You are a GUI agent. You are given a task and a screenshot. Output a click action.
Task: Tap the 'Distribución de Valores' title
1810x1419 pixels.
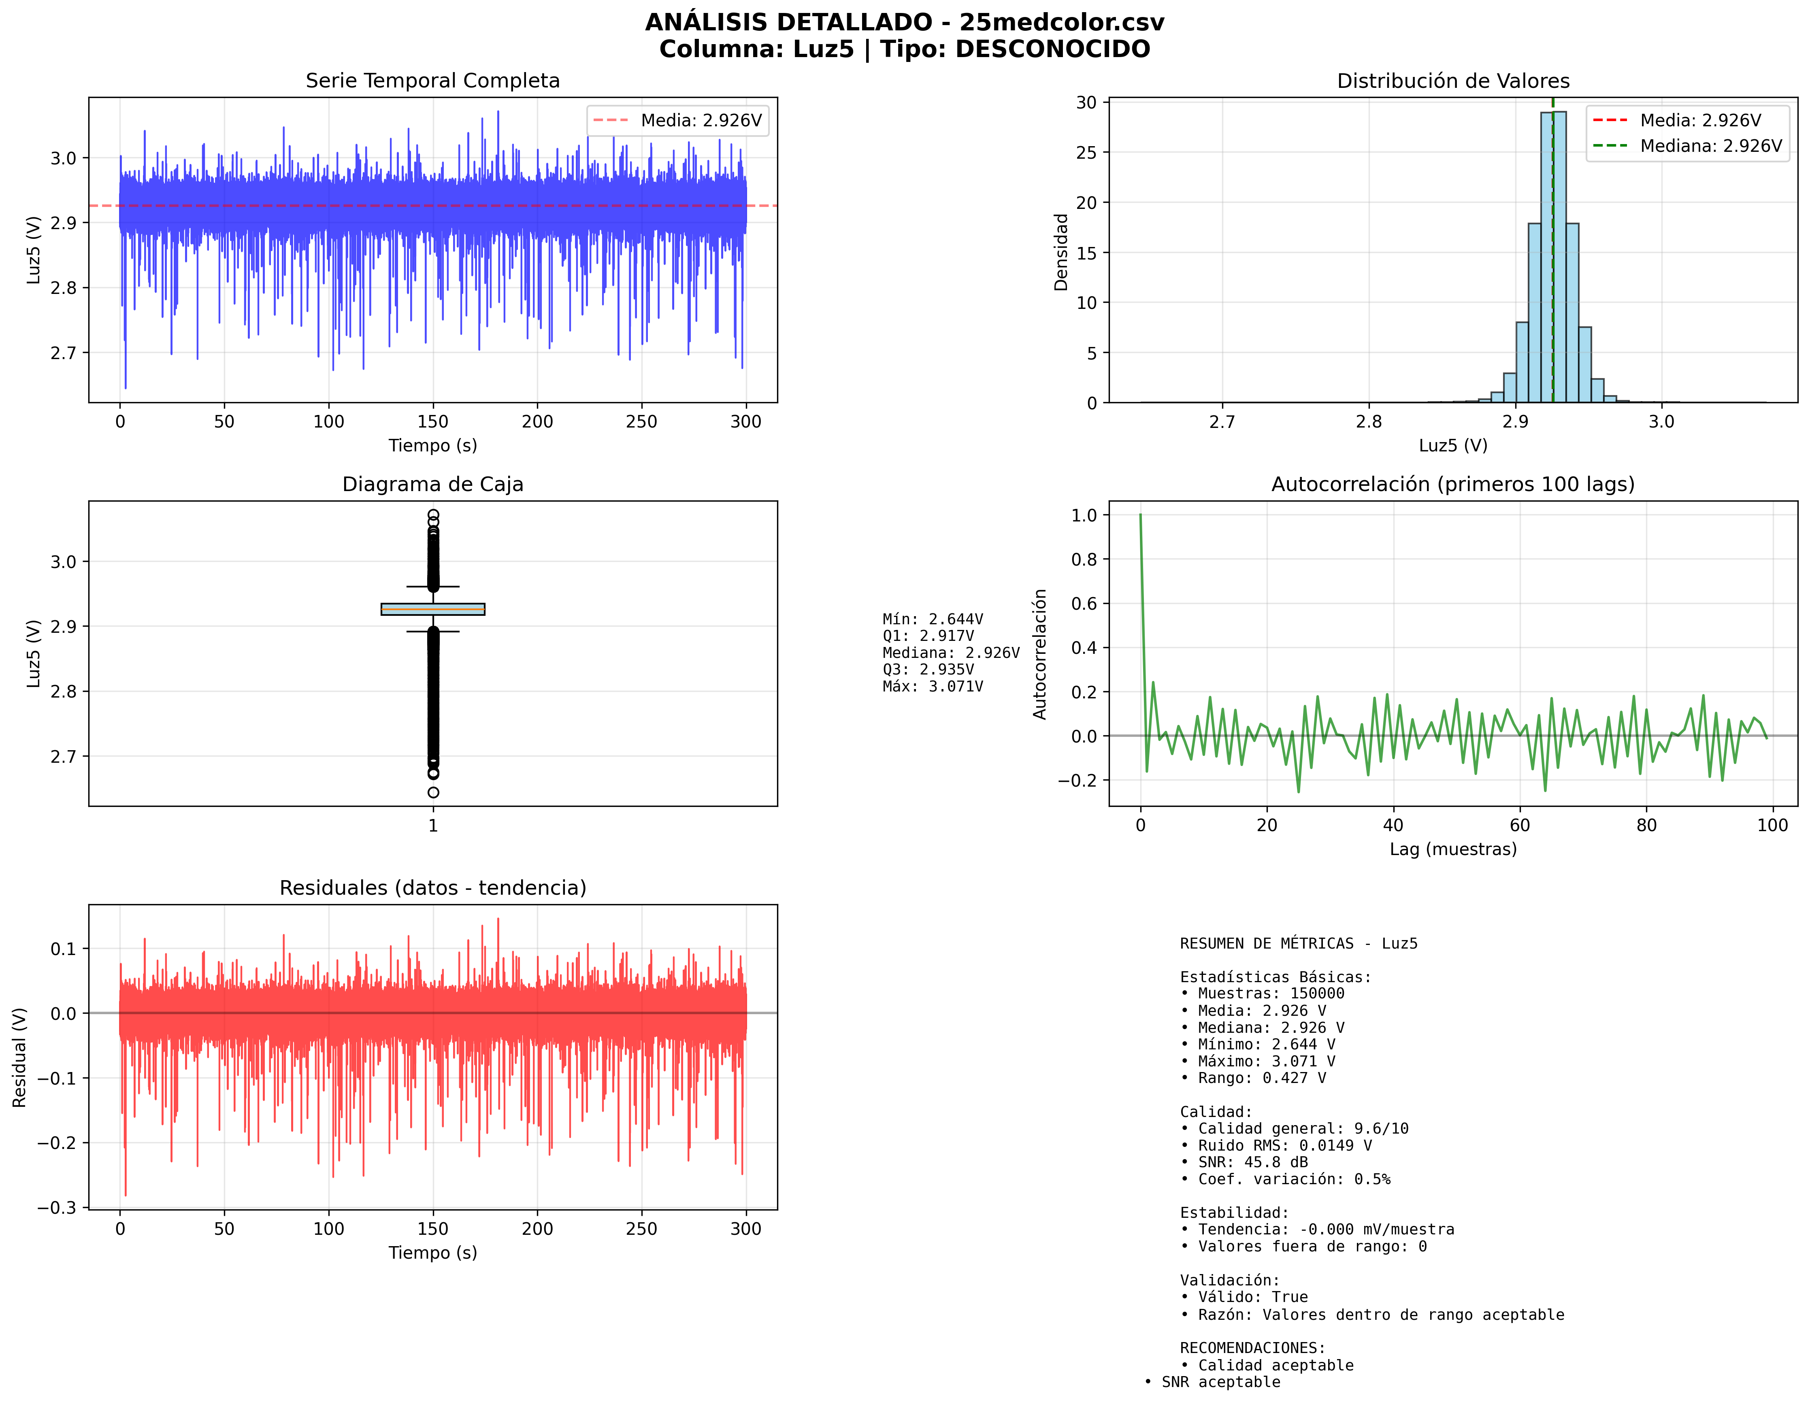tap(1452, 81)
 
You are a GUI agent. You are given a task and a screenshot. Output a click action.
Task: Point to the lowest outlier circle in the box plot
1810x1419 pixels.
tap(433, 793)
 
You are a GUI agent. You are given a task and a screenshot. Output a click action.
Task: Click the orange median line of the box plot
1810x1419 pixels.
tap(433, 609)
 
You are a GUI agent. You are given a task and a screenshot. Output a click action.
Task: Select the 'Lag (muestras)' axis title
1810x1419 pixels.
tap(1452, 849)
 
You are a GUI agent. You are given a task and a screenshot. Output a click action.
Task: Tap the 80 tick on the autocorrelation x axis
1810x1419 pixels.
tap(1646, 825)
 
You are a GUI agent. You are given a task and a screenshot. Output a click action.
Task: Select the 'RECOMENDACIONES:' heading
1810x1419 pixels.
tap(1252, 1348)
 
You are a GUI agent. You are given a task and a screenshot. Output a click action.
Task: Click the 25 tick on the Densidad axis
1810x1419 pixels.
tap(1086, 153)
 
